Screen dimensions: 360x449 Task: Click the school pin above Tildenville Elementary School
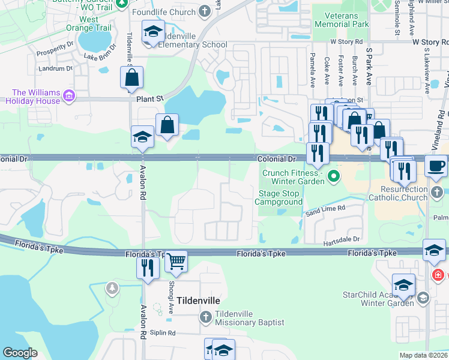click(x=153, y=32)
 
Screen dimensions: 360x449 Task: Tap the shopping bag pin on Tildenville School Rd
click(x=131, y=78)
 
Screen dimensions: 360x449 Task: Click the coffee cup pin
click(x=436, y=165)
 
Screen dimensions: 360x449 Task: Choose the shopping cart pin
click(x=176, y=261)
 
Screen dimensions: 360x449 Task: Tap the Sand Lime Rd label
click(x=325, y=209)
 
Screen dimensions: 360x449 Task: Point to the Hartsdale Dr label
click(x=340, y=239)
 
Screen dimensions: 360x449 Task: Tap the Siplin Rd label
click(x=164, y=332)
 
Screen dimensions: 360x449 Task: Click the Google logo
click(x=20, y=353)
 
